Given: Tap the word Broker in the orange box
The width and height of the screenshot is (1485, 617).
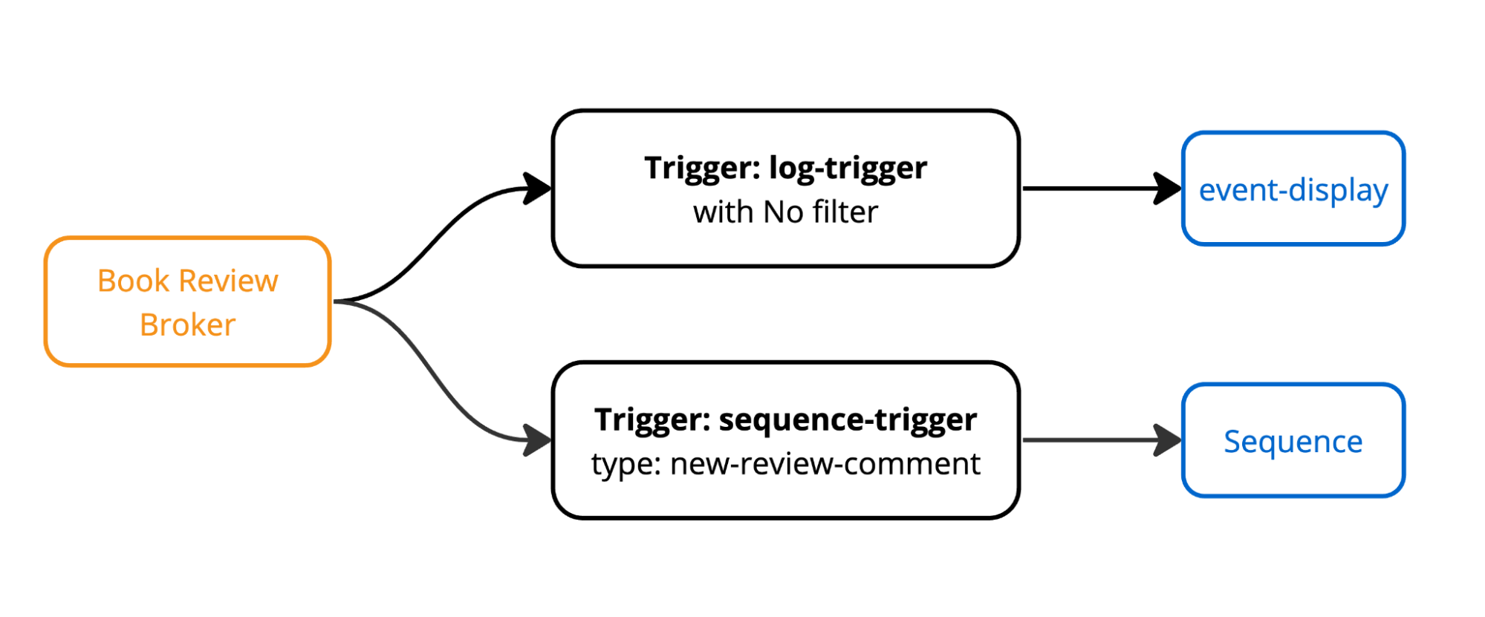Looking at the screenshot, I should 187,325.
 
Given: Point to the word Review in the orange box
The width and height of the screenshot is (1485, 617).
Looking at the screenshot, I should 228,281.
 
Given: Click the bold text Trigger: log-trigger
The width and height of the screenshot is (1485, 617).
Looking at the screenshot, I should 785,168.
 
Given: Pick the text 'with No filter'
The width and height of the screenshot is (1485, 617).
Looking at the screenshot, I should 785,212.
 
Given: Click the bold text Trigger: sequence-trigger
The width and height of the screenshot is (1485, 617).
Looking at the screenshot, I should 785,420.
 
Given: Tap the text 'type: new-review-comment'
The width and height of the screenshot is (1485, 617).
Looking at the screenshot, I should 785,464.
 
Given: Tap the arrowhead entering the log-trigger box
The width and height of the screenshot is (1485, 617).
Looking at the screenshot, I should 536,189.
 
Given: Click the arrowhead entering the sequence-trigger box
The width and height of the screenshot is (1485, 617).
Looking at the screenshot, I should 536,440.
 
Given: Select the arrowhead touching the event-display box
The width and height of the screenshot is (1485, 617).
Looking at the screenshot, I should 1167,189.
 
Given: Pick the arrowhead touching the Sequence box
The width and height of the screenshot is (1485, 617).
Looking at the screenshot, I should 1167,440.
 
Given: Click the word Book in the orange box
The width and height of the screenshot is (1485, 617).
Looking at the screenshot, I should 134,281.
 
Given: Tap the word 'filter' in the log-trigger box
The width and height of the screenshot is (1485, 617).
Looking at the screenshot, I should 845,212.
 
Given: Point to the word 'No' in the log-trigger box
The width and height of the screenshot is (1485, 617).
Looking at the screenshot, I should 784,212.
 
